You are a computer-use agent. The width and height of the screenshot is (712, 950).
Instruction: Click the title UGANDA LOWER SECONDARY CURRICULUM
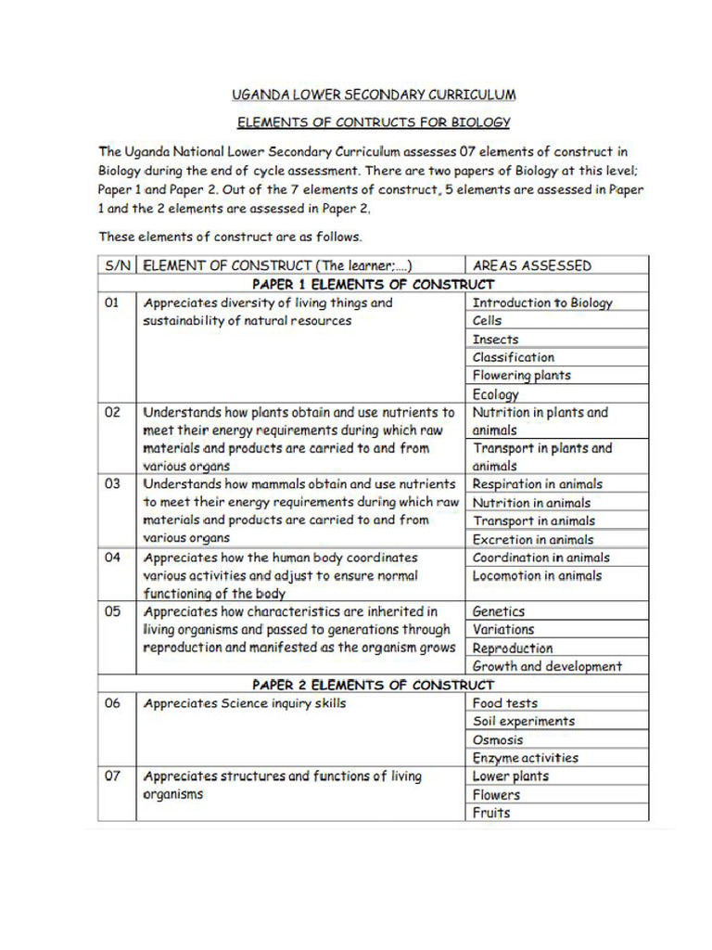[374, 95]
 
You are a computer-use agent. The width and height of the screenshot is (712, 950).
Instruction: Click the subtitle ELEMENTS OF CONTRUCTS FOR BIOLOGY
[374, 122]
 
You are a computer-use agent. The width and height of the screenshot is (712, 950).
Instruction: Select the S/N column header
[117, 265]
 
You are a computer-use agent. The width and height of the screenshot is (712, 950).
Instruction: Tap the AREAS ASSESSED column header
[531, 265]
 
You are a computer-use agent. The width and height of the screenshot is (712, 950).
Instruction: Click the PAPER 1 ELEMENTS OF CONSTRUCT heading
[374, 284]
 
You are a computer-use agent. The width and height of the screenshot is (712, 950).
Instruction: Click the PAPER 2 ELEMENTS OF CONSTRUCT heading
[374, 685]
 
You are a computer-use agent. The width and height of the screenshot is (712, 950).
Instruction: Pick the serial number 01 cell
[112, 302]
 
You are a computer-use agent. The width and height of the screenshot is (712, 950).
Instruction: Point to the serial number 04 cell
[112, 558]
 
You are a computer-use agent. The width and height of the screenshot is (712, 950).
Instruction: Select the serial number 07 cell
[112, 777]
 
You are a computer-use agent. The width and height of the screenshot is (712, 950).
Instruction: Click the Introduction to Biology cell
[542, 302]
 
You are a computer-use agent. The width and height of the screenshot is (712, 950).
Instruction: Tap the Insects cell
[496, 340]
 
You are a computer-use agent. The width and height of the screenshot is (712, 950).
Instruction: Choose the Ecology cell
[496, 394]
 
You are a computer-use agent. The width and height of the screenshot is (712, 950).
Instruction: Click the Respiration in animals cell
[538, 484]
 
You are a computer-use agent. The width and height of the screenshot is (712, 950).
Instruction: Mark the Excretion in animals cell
[534, 539]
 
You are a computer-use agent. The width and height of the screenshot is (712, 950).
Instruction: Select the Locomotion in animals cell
[538, 576]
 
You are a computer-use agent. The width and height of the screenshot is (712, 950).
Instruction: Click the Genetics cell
[499, 612]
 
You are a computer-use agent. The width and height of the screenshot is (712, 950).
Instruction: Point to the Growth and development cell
[547, 666]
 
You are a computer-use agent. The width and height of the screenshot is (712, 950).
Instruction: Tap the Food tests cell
[505, 703]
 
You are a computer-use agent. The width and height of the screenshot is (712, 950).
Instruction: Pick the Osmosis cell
[498, 740]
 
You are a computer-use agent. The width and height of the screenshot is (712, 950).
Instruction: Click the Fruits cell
[491, 813]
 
